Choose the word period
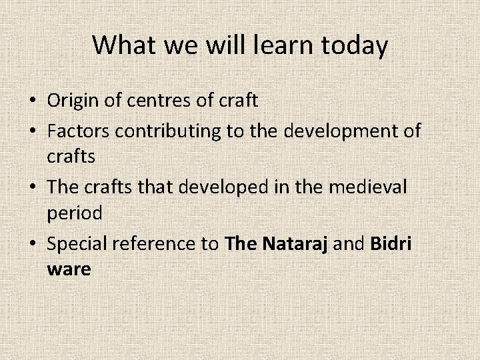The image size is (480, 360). pos(75,213)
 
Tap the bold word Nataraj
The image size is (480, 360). pos(295,244)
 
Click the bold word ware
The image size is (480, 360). pos(69,270)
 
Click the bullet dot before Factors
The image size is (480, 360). pos(33,131)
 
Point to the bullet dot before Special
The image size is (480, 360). pos(33,245)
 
